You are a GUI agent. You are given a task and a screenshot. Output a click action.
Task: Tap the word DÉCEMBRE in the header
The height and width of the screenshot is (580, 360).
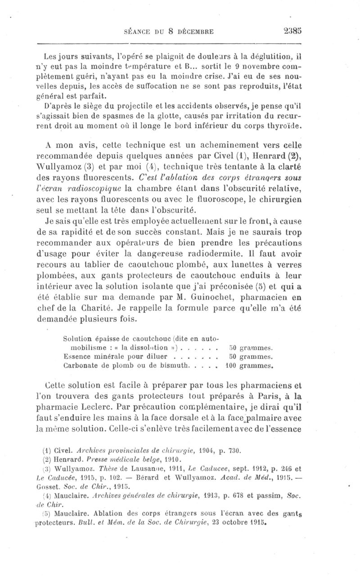click(x=194, y=31)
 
